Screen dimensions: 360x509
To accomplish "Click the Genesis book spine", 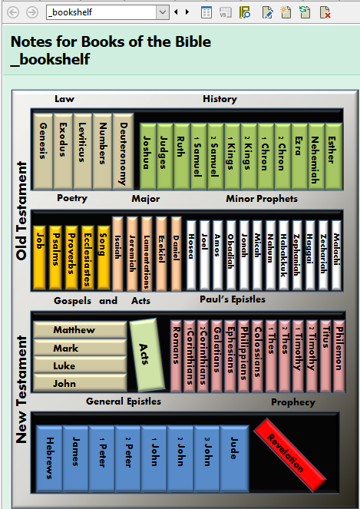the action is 43,151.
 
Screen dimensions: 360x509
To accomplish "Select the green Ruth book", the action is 182,156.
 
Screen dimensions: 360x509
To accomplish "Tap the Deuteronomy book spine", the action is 124,151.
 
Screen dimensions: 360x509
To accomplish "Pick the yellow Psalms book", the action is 55,257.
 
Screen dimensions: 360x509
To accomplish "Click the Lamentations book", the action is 147,254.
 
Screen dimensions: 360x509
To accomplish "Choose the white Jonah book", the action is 244,255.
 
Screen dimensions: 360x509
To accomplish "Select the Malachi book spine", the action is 337,255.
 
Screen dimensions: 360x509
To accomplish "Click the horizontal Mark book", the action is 80,348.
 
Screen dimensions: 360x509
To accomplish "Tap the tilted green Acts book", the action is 147,355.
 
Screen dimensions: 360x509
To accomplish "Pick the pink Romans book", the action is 177,355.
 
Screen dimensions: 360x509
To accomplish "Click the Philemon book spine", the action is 339,355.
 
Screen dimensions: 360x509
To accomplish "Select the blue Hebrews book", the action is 49,458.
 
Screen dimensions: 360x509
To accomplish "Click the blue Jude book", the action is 234,458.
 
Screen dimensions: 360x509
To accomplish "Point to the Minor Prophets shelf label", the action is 262,199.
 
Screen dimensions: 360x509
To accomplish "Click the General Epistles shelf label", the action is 124,402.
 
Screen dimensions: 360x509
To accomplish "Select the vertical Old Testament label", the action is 21,210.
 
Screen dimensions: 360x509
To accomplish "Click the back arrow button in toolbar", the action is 13,12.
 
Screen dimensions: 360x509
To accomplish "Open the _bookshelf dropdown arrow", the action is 162,12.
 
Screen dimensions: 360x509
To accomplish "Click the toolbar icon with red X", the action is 325,12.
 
